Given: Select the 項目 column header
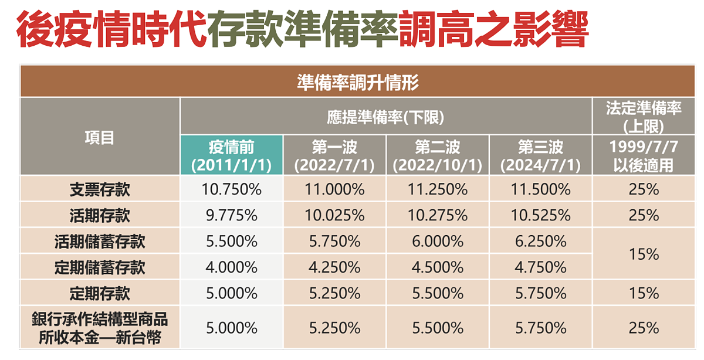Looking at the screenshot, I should tap(100, 137).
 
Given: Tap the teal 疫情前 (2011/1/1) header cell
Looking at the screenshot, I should tap(231, 155).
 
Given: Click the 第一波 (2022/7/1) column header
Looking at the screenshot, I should tap(334, 155).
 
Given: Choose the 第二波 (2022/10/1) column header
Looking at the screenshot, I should tap(437, 155).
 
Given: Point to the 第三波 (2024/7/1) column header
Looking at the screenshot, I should tap(540, 155).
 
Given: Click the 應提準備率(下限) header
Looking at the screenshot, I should tap(385, 117).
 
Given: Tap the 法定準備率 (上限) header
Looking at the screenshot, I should tap(644, 117).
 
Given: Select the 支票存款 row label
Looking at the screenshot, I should tap(100, 189).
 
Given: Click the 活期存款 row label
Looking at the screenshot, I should tap(100, 215).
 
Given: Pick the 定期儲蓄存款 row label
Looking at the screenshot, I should tap(100, 267).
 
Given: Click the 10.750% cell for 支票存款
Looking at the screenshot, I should tap(231, 189).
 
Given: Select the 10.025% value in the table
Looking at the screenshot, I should tap(334, 215).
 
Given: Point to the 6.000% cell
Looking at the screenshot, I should tap(437, 241).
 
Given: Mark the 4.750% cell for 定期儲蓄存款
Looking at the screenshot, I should tap(540, 267).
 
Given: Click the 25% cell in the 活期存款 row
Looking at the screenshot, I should tap(644, 215).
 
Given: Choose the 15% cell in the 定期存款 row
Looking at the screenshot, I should tap(644, 293).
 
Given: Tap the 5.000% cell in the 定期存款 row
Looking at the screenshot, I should tap(231, 293).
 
